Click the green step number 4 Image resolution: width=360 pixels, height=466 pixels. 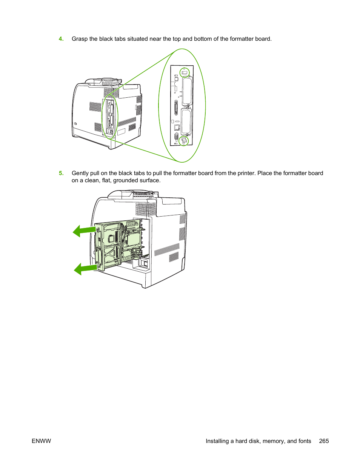point(61,39)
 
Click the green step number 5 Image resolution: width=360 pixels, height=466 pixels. point(61,173)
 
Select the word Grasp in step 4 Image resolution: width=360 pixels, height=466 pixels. point(80,39)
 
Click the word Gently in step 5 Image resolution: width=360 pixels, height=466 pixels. point(80,173)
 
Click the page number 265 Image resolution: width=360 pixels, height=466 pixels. point(324,441)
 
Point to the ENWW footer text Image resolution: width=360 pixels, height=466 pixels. point(41,441)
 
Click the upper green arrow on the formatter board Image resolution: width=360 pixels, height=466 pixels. point(84,230)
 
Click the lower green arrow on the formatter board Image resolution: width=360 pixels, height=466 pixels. point(85,269)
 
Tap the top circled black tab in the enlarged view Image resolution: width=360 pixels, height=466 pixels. point(185,72)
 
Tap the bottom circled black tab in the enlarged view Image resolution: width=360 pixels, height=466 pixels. point(184,141)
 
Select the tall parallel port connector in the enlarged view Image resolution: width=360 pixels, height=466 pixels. point(176,108)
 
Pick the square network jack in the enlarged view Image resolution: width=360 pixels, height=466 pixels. point(177,128)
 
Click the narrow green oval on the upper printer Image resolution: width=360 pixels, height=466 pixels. point(110,117)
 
